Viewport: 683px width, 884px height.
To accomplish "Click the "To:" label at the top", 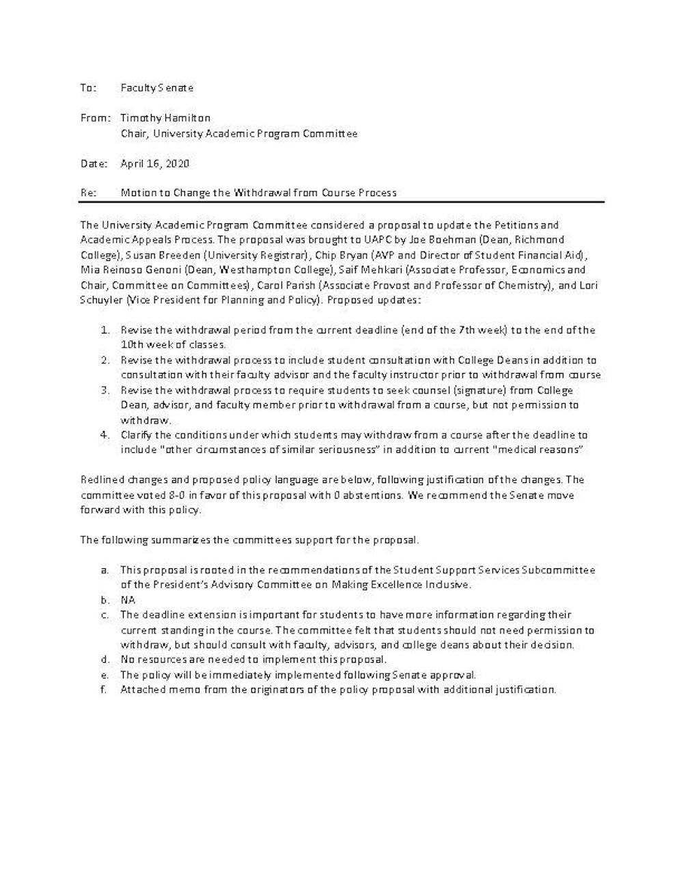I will pos(88,87).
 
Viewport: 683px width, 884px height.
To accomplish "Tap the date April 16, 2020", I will pos(154,164).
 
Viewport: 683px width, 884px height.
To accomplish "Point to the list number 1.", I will pos(104,330).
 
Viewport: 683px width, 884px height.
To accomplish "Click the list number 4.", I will pos(104,435).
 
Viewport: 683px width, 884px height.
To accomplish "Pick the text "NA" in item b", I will pos(128,600).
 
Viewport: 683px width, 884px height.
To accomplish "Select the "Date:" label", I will pos(94,164).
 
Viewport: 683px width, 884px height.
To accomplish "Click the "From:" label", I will pos(95,118).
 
